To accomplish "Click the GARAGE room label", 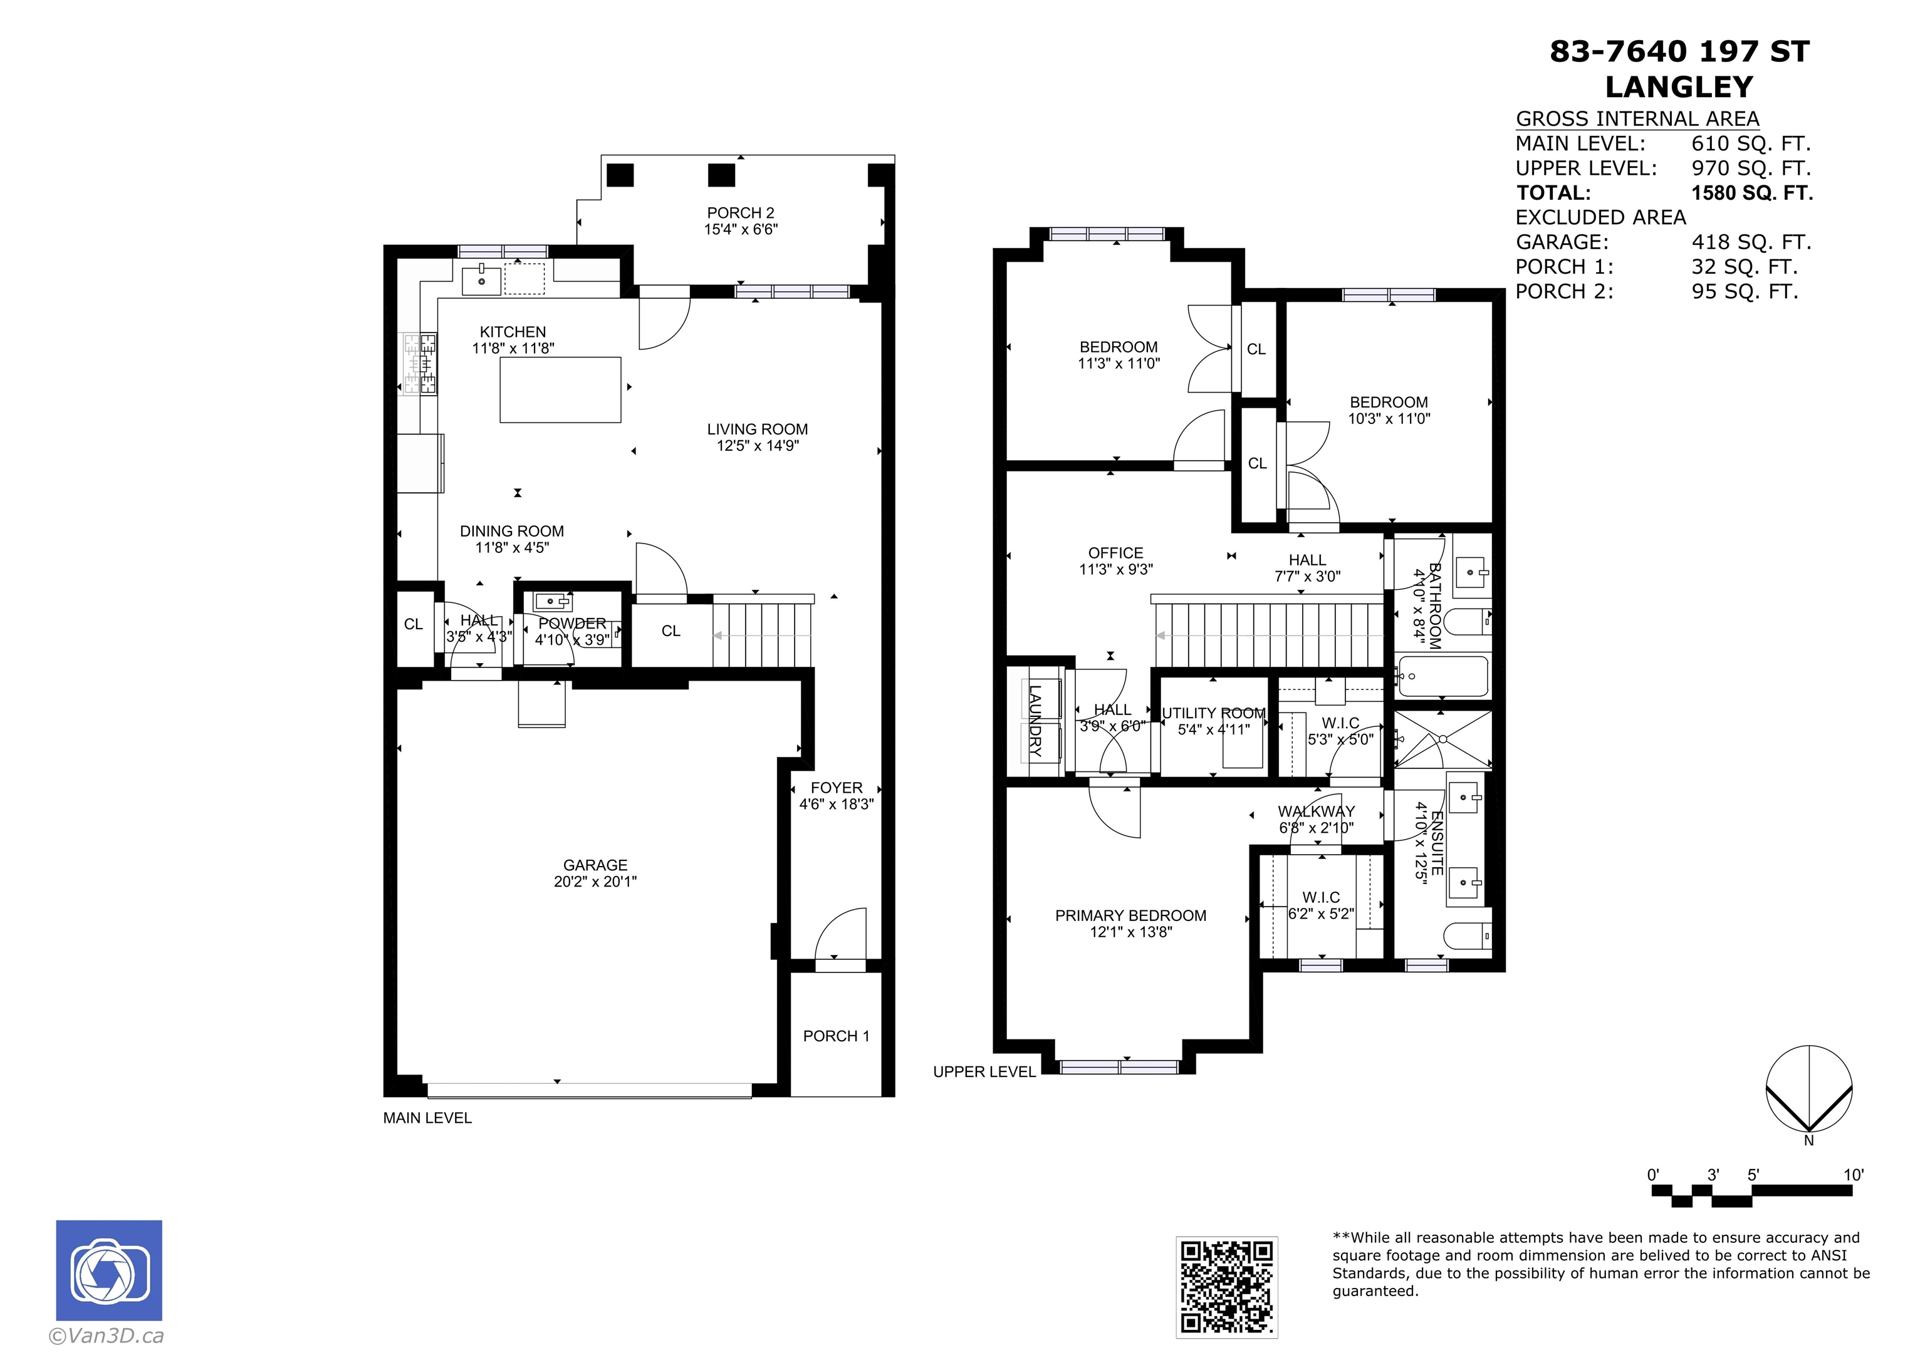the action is click(x=595, y=865).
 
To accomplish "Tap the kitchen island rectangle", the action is click(x=560, y=389).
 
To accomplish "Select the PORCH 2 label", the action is click(x=740, y=213).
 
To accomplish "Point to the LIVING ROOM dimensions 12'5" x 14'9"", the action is click(x=757, y=446).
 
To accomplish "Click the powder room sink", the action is click(x=553, y=601).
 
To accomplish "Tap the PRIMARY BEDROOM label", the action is click(x=1130, y=916).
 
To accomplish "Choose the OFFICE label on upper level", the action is click(x=1115, y=553).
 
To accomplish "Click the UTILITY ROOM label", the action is click(x=1213, y=713).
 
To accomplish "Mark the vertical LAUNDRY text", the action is click(x=1035, y=721).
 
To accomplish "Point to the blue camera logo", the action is click(x=109, y=1270).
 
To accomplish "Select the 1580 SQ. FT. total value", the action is click(x=1752, y=193).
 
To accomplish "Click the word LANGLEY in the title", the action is click(x=1679, y=87).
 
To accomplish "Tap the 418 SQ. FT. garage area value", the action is click(x=1751, y=242).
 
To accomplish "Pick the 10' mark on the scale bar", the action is click(x=1853, y=1175).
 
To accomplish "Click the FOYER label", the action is click(x=836, y=788).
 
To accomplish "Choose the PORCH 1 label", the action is click(x=836, y=1036).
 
